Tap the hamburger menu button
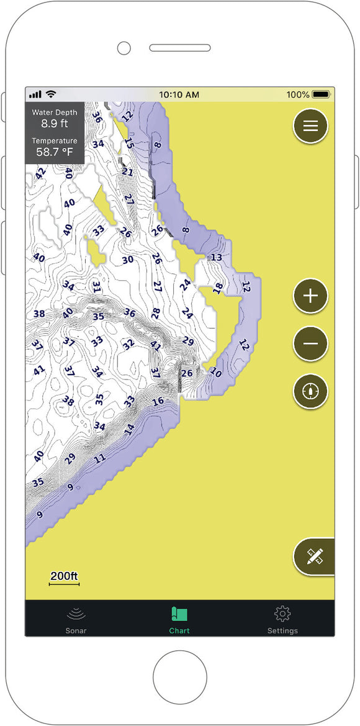310,126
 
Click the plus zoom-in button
310,296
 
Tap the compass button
310,391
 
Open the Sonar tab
76,619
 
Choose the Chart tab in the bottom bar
179,619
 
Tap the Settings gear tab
282,619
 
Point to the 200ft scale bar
65,578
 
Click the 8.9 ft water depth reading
55,124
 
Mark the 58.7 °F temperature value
55,152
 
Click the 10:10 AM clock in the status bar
179,94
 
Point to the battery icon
321,94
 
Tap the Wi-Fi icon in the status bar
51,94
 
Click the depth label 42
40,173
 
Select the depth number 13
217,257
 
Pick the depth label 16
158,401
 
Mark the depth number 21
128,172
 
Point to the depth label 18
218,288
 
